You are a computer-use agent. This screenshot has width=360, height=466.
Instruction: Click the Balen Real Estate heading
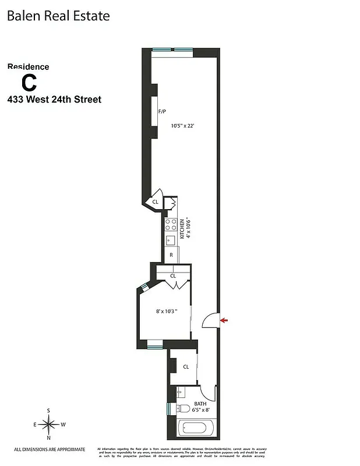[x=58, y=16]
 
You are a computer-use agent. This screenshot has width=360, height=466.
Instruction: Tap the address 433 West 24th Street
[x=54, y=100]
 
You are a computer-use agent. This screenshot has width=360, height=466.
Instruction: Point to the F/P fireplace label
[x=163, y=111]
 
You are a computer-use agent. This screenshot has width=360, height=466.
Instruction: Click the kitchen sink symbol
[x=171, y=240]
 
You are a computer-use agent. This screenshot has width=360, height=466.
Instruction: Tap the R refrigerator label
[x=171, y=255]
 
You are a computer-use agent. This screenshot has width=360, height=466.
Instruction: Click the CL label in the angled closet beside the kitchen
[x=155, y=202]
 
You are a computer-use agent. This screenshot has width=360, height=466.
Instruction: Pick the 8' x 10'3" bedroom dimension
[x=167, y=312]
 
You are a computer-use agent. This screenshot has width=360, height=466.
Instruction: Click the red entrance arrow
[x=225, y=320]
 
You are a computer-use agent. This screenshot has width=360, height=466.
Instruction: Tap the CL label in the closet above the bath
[x=186, y=367]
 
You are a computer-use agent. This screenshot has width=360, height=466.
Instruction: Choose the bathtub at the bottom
[x=196, y=429]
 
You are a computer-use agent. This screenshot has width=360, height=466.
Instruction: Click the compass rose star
[x=49, y=424]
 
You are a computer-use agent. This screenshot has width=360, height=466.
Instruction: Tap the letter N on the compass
[x=49, y=437]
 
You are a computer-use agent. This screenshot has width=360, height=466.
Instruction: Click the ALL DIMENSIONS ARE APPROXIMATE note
[x=50, y=449]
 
